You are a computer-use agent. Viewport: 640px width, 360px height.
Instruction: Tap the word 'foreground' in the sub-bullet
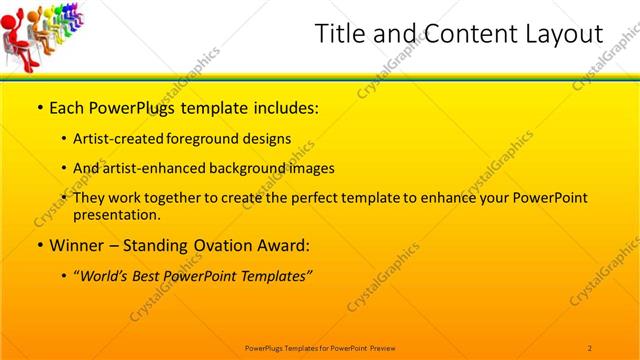(x=207, y=139)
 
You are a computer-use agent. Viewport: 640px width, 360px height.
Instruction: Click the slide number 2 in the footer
(x=589, y=347)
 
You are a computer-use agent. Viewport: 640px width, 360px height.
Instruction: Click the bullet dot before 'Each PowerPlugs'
(x=39, y=108)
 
